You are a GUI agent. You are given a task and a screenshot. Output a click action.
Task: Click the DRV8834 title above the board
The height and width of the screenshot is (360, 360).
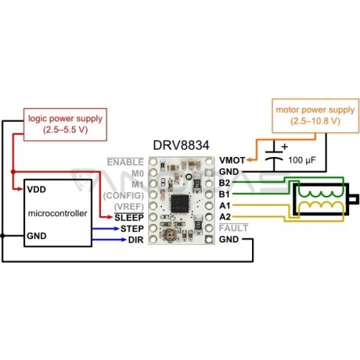(x=181, y=145)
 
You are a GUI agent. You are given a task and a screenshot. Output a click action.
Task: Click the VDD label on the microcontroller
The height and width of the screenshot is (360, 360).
(x=37, y=189)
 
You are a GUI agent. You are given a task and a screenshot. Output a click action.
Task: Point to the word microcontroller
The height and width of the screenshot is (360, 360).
(x=58, y=213)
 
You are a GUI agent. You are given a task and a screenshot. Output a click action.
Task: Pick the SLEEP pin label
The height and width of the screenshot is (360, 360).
(x=129, y=217)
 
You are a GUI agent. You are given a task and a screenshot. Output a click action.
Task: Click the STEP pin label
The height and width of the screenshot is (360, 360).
(x=132, y=229)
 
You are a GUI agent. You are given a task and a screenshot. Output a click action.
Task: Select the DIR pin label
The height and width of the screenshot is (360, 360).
(x=136, y=240)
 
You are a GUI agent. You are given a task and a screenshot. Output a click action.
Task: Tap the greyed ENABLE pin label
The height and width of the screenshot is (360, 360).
(x=125, y=162)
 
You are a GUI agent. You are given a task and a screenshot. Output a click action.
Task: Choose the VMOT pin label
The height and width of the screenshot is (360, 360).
(x=232, y=161)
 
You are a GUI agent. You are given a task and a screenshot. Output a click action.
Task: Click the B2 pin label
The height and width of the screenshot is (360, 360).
(x=225, y=183)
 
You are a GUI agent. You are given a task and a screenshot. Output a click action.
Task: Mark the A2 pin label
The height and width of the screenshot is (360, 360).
(x=225, y=217)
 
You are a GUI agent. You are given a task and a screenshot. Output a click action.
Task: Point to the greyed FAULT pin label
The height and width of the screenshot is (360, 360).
(x=233, y=228)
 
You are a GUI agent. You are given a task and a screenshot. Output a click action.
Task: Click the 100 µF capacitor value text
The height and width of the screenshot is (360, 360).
(x=302, y=160)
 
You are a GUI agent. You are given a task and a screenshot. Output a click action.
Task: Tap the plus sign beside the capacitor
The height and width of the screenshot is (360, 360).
(x=284, y=146)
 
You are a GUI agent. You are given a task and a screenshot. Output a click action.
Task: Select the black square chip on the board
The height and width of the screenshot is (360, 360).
(x=180, y=204)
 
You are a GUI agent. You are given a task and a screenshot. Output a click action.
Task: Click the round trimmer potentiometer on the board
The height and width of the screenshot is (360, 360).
(x=170, y=234)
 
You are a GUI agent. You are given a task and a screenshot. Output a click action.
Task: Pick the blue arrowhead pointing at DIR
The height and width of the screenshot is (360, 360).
(x=123, y=240)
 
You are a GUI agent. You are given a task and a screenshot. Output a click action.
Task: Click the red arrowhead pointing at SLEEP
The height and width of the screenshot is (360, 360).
(x=109, y=217)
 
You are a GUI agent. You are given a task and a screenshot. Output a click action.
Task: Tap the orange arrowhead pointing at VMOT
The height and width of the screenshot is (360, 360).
(x=249, y=160)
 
